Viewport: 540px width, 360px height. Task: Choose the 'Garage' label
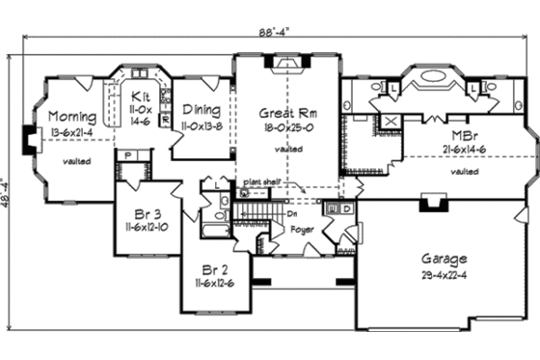[444, 259]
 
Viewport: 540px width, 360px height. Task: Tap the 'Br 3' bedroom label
[140, 211]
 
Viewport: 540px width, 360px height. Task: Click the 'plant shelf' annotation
[260, 180]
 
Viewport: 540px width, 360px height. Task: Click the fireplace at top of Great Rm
[286, 64]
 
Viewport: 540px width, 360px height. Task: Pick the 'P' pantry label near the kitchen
[127, 155]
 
